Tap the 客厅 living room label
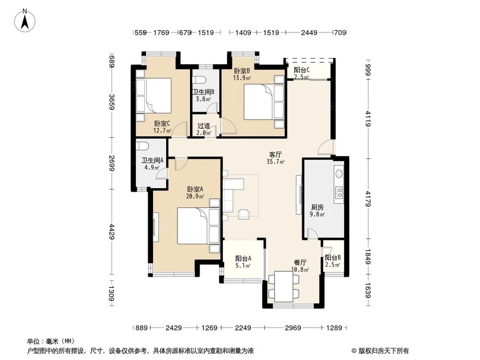(x=275, y=155)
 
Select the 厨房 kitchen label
(x=317, y=207)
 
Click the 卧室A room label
(x=195, y=189)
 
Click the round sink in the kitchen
(x=339, y=173)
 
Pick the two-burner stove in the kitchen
(x=339, y=192)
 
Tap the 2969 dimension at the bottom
(x=293, y=328)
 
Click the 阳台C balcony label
(x=302, y=70)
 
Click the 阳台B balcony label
(x=333, y=258)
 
